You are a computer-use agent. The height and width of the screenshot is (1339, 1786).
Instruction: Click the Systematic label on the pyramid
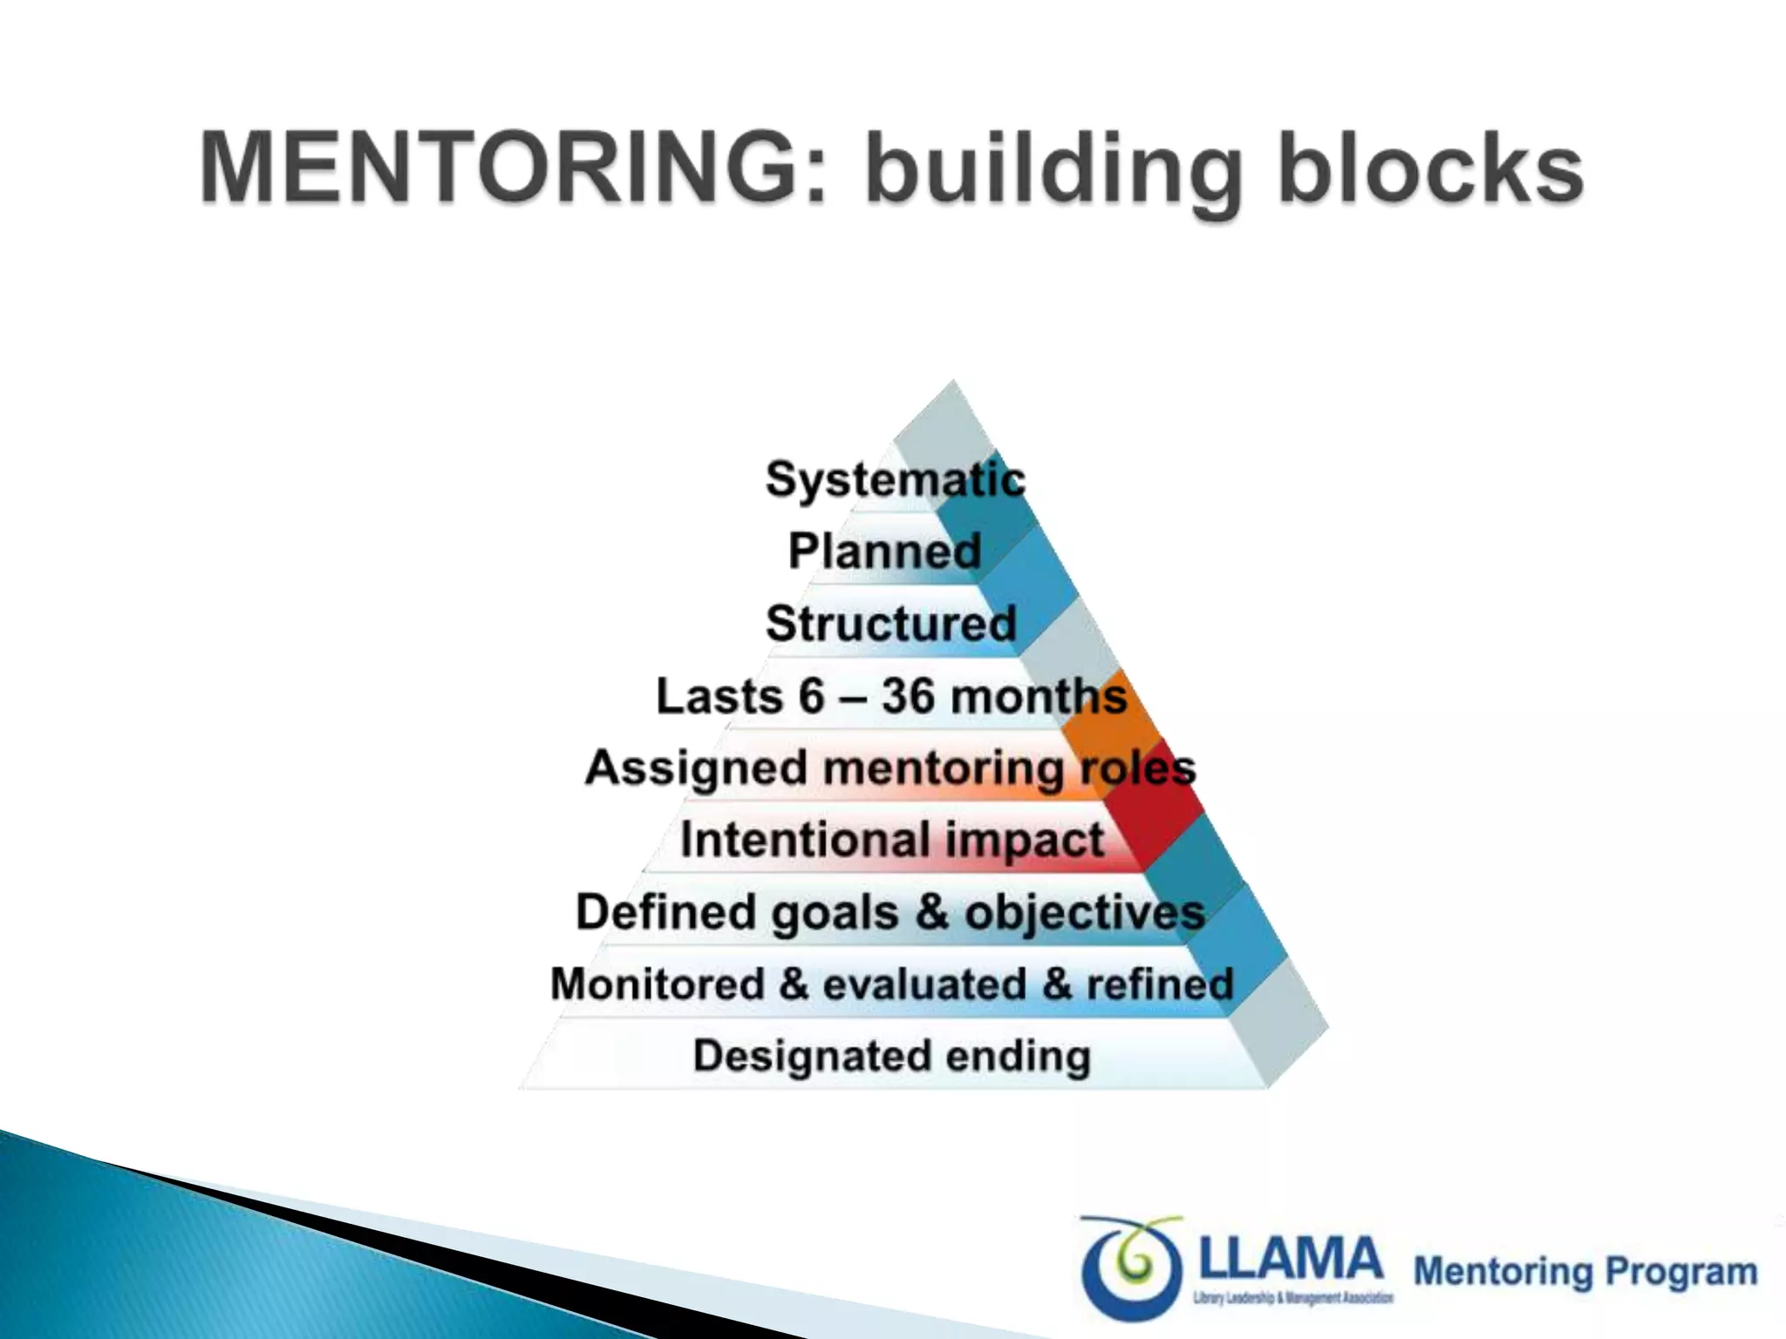[895, 479]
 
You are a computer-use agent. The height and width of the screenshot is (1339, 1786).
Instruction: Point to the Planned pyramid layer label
[884, 551]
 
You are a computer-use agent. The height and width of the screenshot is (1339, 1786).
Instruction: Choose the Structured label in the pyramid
[891, 623]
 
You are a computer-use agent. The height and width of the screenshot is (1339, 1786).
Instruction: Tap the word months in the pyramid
[1038, 696]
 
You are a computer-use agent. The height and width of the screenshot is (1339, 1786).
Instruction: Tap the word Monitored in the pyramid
[658, 984]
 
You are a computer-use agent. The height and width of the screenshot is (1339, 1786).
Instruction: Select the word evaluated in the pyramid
[924, 984]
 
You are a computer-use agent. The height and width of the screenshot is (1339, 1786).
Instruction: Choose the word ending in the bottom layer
[1019, 1056]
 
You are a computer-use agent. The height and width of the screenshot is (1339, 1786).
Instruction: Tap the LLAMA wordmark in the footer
[1292, 1259]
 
